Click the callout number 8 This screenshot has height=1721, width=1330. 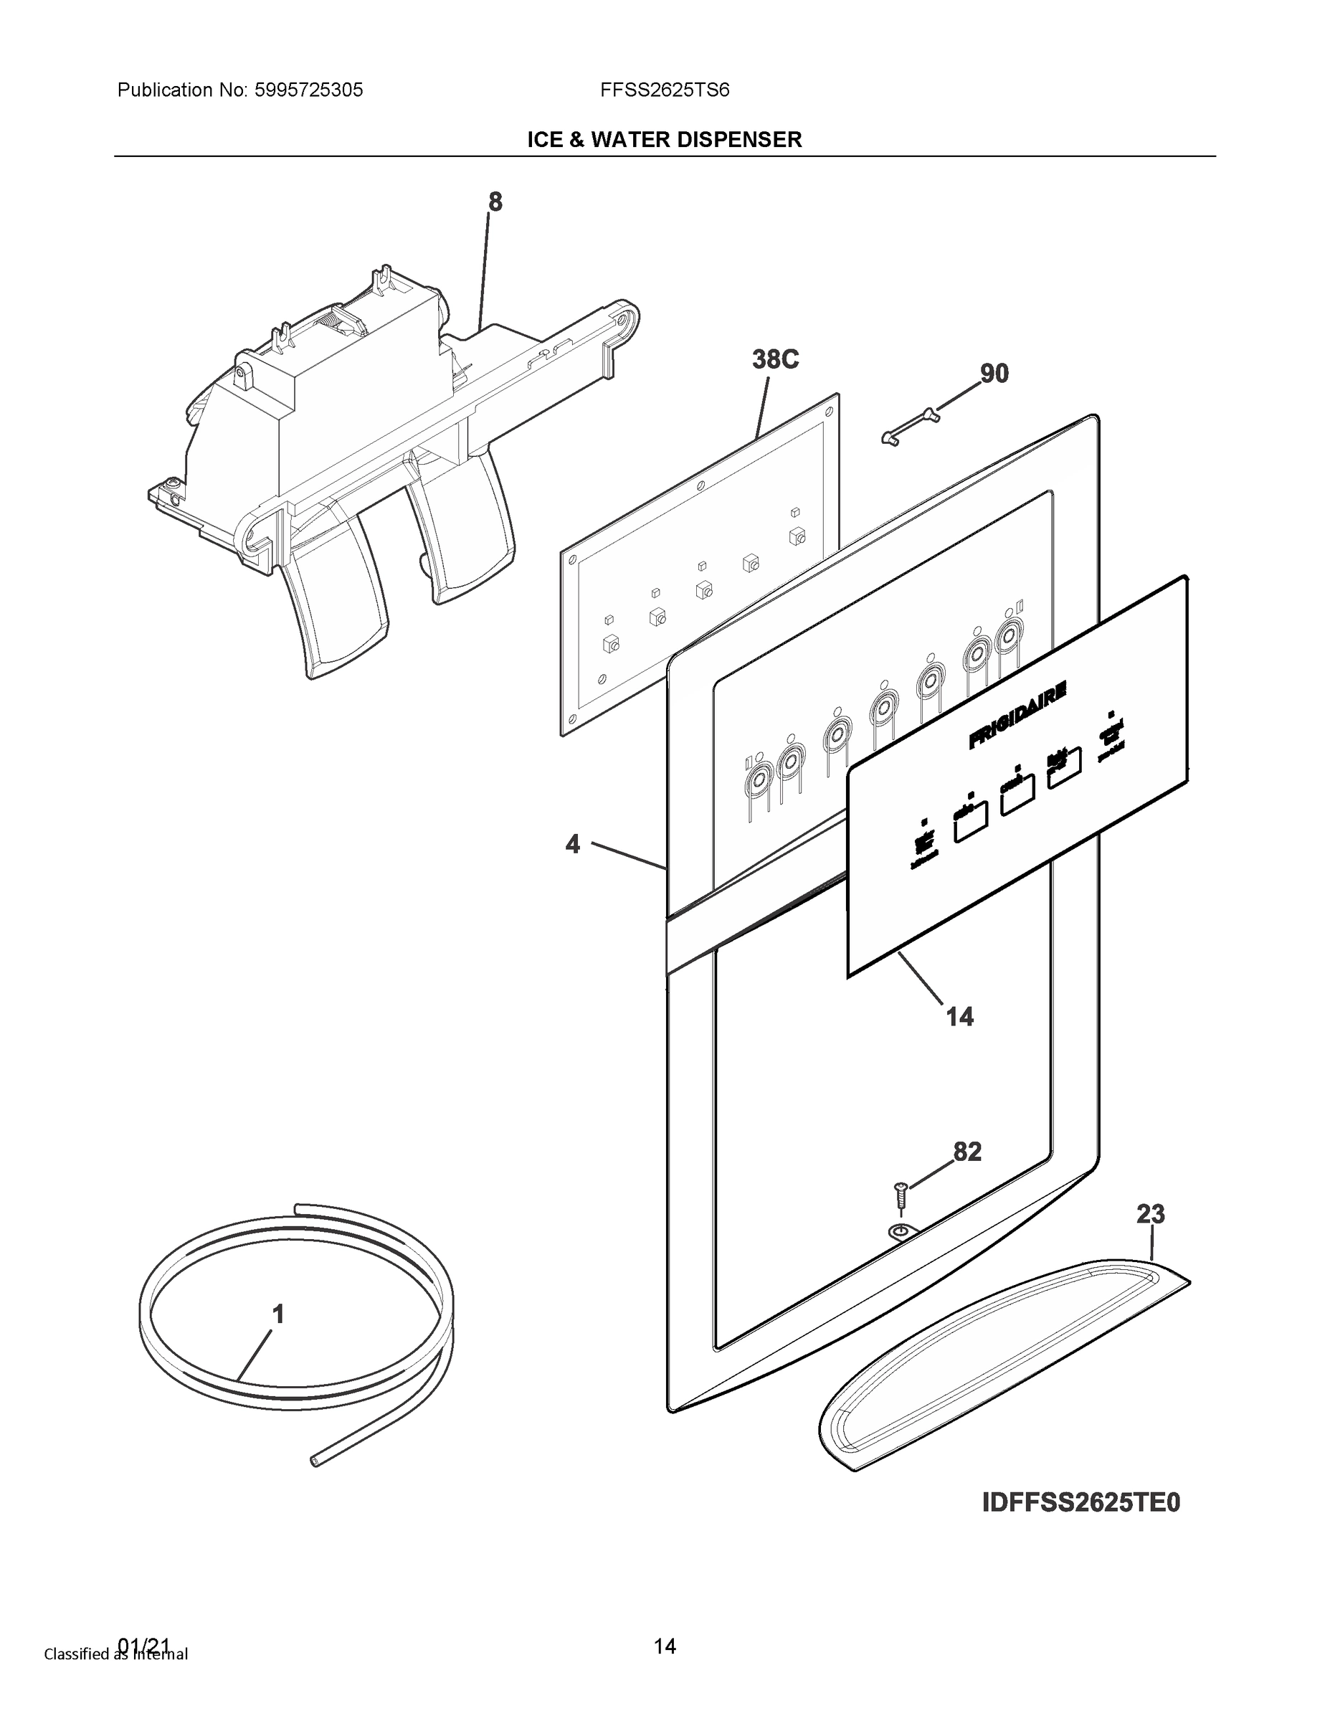495,202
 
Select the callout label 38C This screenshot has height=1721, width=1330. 775,359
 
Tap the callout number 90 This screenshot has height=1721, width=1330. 994,373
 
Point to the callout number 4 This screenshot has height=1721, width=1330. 573,844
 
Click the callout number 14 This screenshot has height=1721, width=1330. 960,1017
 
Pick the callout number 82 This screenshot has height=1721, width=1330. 967,1152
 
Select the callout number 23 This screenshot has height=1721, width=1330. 1150,1214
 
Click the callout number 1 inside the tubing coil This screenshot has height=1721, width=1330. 277,1314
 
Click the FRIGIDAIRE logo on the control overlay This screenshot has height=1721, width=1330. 1017,715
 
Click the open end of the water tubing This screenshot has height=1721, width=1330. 316,1460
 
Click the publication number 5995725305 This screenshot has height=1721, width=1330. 308,90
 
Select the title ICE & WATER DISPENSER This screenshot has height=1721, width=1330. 664,140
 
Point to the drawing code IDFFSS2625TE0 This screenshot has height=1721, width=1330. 1081,1503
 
